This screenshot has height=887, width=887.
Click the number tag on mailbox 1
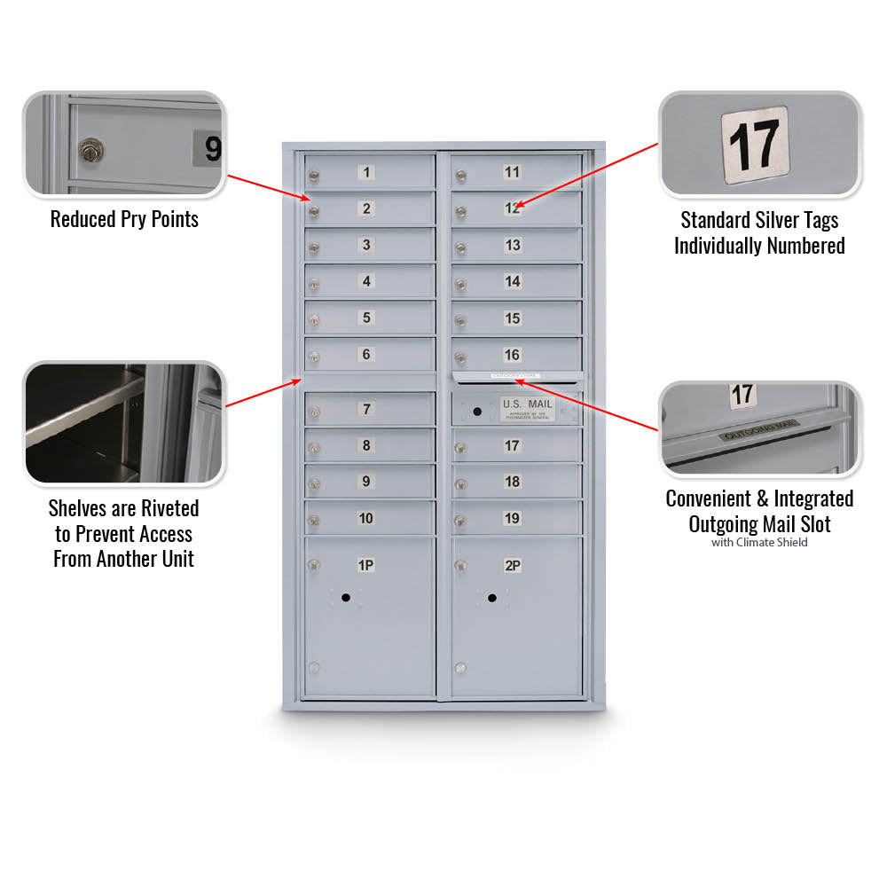pyautogui.click(x=366, y=172)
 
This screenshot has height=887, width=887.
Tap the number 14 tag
pyautogui.click(x=513, y=281)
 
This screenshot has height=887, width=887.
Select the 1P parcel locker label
pyautogui.click(x=365, y=565)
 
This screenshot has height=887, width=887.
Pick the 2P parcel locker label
pyautogui.click(x=512, y=565)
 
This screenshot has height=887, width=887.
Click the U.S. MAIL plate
pyautogui.click(x=527, y=408)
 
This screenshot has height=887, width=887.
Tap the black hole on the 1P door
pyautogui.click(x=345, y=598)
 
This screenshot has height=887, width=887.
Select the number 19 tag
pyautogui.click(x=513, y=518)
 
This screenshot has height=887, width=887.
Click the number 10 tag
pyautogui.click(x=365, y=518)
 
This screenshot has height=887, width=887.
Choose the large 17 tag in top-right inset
pyautogui.click(x=754, y=145)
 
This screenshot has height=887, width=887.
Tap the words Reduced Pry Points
pyautogui.click(x=124, y=219)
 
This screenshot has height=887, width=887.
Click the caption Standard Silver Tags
pyautogui.click(x=759, y=220)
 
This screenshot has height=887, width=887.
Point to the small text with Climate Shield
pyautogui.click(x=759, y=542)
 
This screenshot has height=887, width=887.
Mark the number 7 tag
pyautogui.click(x=366, y=409)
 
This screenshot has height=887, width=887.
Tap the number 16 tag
pyautogui.click(x=513, y=355)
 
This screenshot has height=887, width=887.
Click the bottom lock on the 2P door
pyautogui.click(x=460, y=667)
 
